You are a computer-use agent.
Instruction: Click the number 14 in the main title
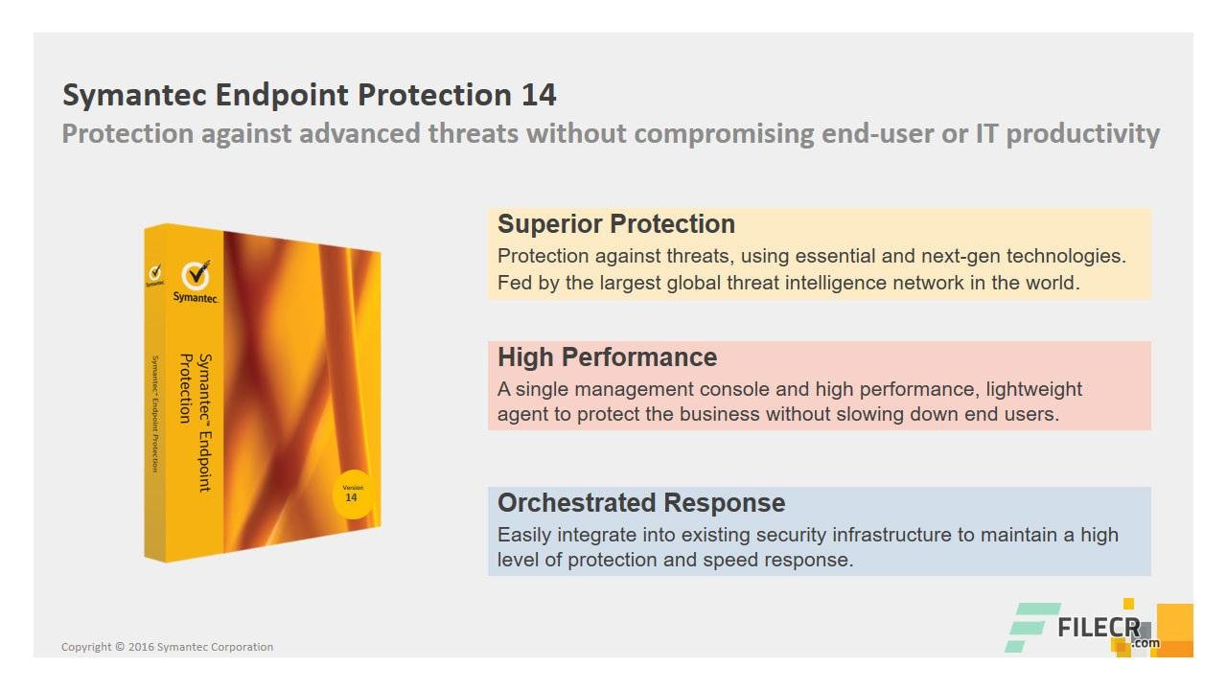coord(539,95)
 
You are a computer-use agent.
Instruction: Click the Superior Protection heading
coord(616,224)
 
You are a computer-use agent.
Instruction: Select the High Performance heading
coord(607,357)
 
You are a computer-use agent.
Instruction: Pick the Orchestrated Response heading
coord(641,503)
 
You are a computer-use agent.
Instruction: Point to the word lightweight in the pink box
coord(1033,390)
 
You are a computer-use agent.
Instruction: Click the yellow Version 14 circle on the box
coord(354,494)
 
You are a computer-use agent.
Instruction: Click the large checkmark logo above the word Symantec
coord(197,274)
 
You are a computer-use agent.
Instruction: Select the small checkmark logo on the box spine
coord(155,272)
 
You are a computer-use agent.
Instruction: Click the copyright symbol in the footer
coord(120,647)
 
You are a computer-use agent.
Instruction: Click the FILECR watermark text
coord(1099,628)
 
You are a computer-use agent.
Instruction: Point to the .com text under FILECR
coord(1145,643)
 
